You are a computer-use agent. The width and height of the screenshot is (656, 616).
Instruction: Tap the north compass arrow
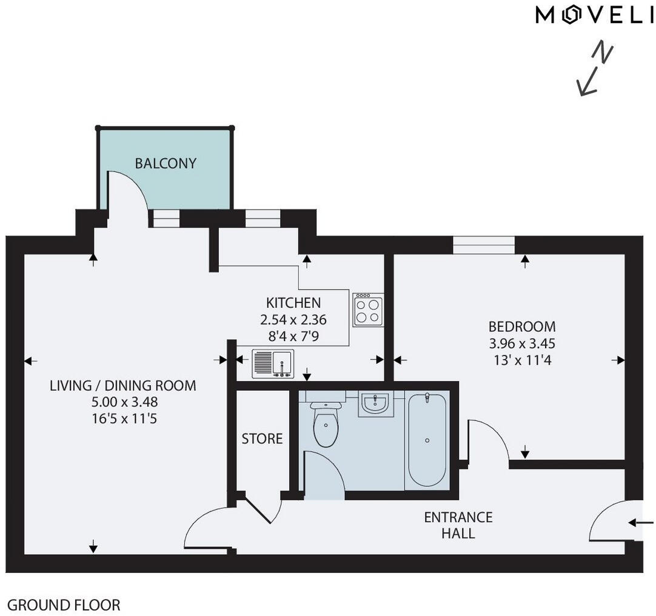[595, 70]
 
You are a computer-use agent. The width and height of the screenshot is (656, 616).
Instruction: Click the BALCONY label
[166, 164]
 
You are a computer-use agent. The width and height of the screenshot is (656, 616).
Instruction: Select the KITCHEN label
[293, 303]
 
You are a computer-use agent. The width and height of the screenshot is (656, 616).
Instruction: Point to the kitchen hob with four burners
[368, 310]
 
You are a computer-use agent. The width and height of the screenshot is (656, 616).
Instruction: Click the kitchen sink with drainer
[273, 363]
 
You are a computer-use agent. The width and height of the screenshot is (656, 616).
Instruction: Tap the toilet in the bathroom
[326, 422]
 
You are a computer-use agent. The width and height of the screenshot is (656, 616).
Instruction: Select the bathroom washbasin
[376, 403]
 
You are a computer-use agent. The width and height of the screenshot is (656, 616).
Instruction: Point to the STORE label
[262, 439]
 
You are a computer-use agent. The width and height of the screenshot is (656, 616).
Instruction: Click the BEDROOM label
[522, 327]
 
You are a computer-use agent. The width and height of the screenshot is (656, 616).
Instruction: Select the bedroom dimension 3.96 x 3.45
[522, 344]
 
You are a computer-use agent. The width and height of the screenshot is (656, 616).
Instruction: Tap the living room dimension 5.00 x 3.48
[123, 402]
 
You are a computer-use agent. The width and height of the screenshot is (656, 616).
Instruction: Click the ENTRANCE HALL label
[458, 525]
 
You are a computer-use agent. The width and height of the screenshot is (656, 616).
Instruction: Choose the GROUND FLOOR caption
[64, 604]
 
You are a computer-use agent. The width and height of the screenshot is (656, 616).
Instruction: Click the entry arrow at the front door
[641, 523]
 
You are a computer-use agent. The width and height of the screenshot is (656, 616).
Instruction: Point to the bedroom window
[484, 244]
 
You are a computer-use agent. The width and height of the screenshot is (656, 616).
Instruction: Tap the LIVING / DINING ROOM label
[123, 385]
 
